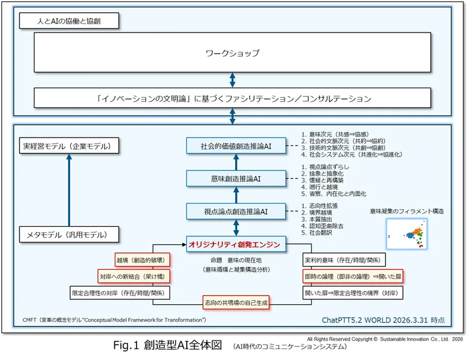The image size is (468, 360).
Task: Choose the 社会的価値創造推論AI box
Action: (236, 146)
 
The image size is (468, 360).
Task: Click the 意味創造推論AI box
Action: (236, 179)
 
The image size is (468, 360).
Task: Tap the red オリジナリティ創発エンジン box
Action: (237, 244)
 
